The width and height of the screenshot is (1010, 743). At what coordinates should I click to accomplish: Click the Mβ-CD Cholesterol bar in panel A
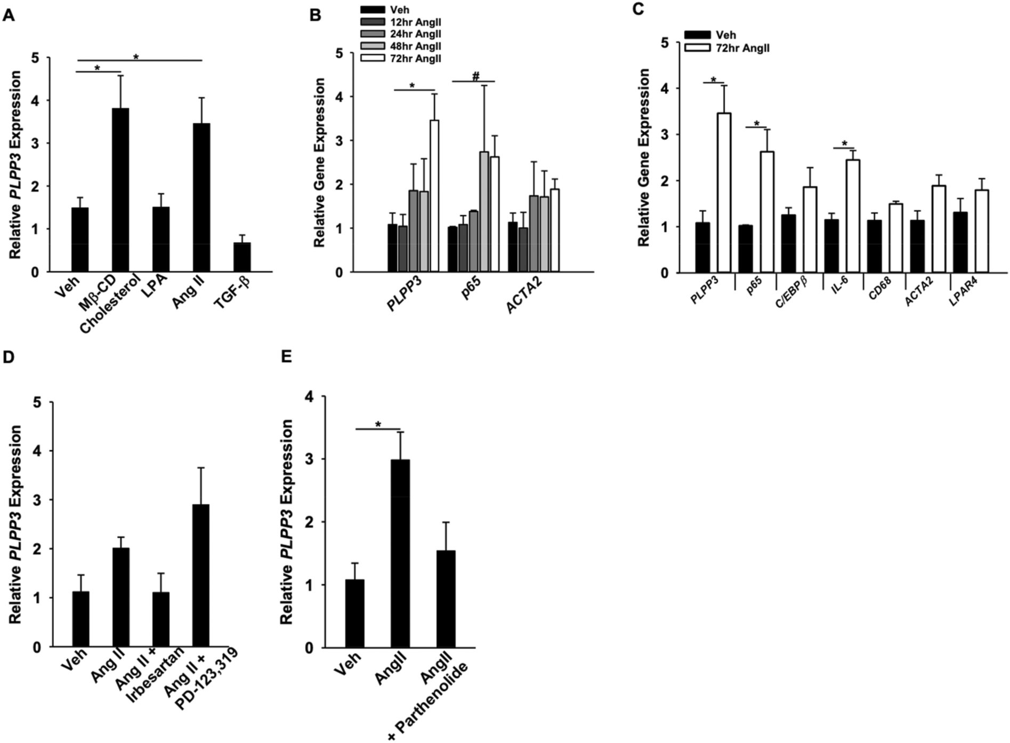[x=120, y=190]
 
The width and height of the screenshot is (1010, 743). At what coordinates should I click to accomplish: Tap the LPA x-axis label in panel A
[x=158, y=287]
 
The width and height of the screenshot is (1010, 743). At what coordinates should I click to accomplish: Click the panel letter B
[x=315, y=15]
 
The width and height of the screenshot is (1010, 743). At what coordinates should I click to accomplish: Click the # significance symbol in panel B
[x=475, y=77]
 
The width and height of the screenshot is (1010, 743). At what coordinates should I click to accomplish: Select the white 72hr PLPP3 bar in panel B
[x=434, y=196]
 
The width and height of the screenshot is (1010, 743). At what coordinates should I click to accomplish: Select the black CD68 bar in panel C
[x=874, y=246]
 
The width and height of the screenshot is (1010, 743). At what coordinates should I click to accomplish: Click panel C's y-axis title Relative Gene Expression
[x=644, y=157]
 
